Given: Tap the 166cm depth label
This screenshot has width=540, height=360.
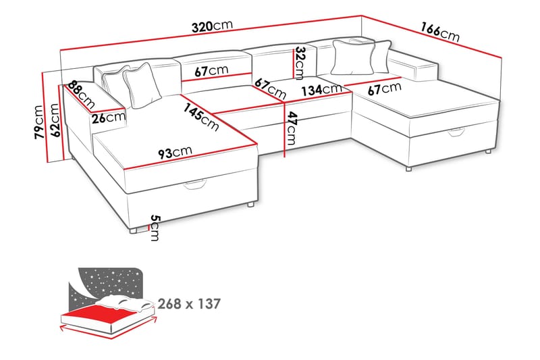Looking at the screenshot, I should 439,32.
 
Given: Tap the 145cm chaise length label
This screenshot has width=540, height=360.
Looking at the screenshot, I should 201,114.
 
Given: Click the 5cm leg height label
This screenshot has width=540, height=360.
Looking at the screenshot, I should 155,228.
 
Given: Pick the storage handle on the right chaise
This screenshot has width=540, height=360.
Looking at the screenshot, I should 458,135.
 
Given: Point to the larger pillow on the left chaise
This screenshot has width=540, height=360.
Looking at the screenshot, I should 140,86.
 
